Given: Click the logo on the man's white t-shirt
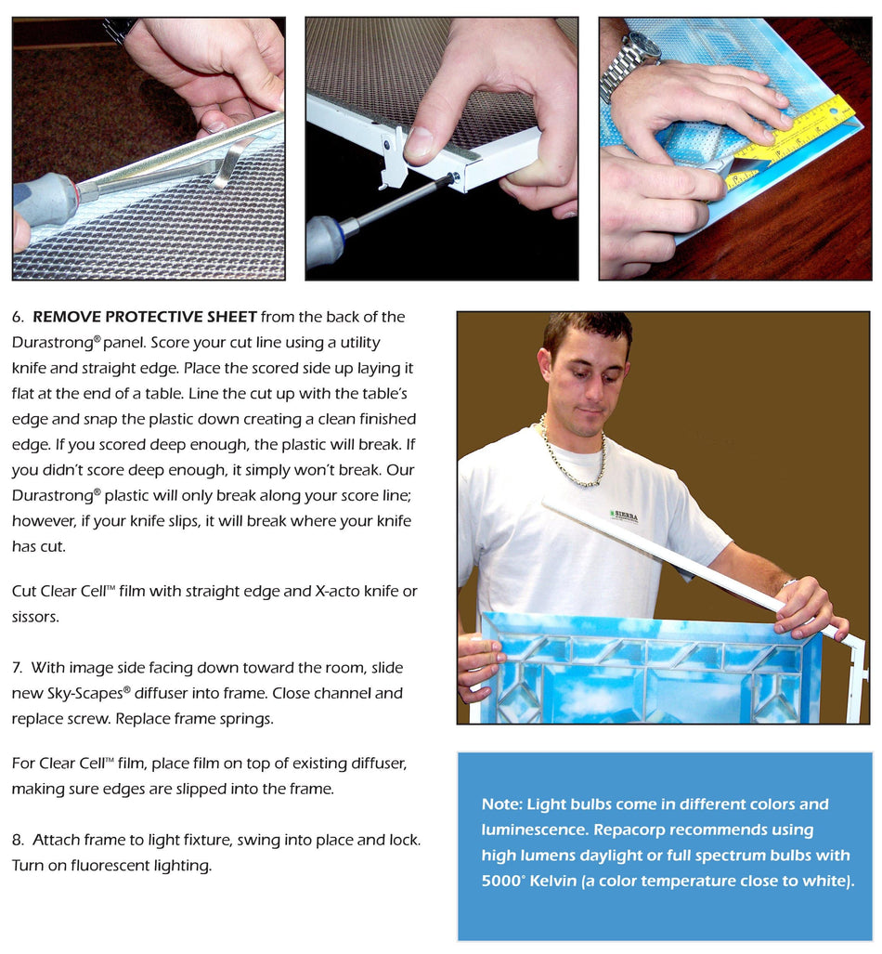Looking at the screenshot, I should (x=623, y=515).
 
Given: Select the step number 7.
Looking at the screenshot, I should (x=18, y=668).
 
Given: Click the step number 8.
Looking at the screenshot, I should (x=18, y=840).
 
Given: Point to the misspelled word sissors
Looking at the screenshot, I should (x=35, y=616).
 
